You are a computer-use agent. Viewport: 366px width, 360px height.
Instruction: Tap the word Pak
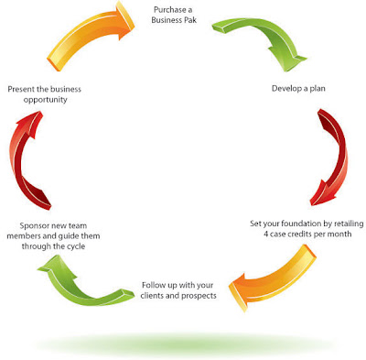click(x=189, y=20)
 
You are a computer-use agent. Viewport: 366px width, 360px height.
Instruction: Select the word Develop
click(x=285, y=89)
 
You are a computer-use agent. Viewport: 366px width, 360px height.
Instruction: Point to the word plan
click(x=318, y=89)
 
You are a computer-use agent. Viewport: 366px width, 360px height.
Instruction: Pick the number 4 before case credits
click(x=266, y=235)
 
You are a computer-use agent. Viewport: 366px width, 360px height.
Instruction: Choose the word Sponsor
click(x=34, y=226)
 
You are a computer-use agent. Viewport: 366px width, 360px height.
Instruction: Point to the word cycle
click(x=75, y=246)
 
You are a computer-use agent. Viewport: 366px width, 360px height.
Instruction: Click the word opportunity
click(x=45, y=100)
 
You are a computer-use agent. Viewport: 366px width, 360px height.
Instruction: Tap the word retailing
click(x=349, y=224)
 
